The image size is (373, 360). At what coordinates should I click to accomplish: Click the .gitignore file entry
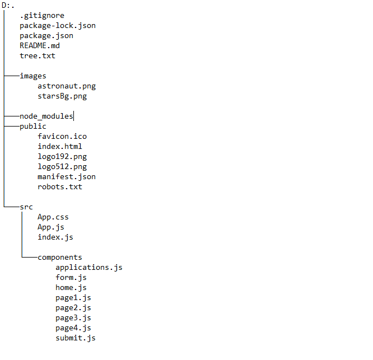tap(42, 16)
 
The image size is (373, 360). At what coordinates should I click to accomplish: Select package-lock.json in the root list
tap(58, 26)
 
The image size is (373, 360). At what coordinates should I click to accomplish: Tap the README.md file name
tap(40, 46)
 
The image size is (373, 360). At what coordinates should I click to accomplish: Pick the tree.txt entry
tap(38, 56)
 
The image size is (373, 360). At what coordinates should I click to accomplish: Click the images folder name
tap(33, 76)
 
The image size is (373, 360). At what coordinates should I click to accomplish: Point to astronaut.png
tap(67, 86)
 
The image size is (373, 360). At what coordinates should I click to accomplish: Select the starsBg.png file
tap(62, 96)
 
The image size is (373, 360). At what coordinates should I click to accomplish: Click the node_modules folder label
tap(46, 116)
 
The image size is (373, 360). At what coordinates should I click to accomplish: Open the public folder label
tap(33, 127)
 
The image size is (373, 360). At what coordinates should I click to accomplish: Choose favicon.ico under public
tap(62, 137)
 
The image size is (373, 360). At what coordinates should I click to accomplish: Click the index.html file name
tap(60, 147)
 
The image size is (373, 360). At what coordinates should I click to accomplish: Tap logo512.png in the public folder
tap(62, 167)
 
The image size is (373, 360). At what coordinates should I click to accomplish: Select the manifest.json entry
tap(67, 177)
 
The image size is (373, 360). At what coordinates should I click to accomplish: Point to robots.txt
tap(60, 187)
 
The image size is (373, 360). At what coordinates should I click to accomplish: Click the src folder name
tap(26, 207)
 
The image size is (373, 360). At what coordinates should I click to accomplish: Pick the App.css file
tap(53, 217)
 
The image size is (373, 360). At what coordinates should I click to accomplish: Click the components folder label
tap(60, 258)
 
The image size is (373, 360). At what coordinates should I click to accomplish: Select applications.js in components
tap(89, 268)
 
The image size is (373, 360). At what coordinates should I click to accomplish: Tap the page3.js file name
tap(73, 318)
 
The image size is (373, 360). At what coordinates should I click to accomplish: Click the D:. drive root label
tap(8, 6)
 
